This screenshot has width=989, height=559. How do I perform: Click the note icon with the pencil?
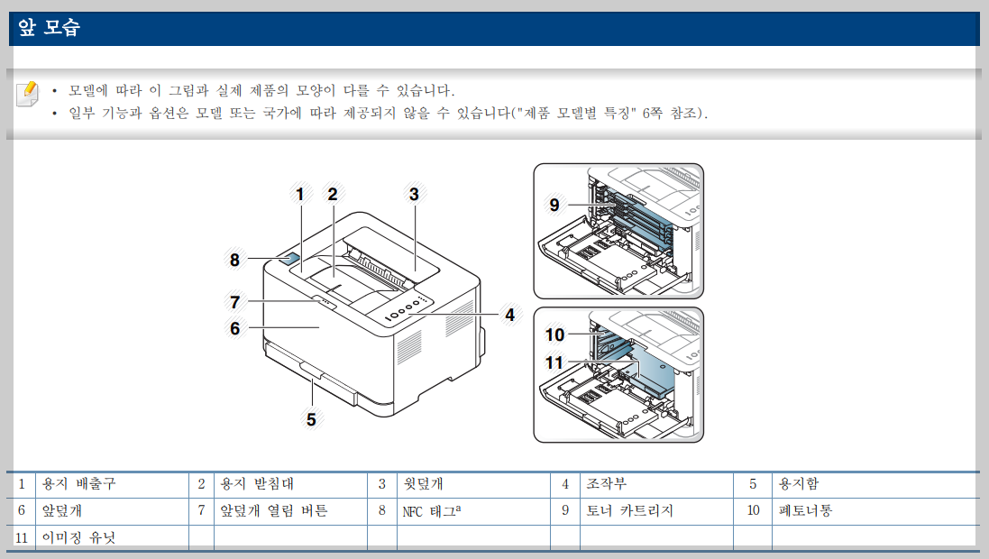[x=28, y=93]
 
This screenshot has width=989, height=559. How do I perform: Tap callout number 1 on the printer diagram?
[x=299, y=193]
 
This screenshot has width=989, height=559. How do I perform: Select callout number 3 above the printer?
[x=413, y=193]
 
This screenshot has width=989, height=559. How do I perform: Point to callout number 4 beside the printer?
[x=509, y=315]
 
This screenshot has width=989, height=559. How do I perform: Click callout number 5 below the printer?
[x=311, y=418]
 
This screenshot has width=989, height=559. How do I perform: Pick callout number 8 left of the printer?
[x=234, y=260]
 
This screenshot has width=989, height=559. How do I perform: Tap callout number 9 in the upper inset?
[x=554, y=205]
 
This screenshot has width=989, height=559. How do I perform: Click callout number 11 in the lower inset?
[x=554, y=363]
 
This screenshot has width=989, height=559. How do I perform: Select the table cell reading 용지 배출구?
[x=79, y=484]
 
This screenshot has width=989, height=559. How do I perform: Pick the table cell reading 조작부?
[x=606, y=484]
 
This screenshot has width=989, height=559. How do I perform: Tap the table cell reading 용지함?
[x=799, y=484]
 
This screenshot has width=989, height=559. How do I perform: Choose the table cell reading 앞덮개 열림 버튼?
[x=274, y=511]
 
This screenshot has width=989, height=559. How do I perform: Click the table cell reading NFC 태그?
[x=432, y=511]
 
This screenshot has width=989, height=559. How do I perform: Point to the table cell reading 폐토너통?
[x=805, y=511]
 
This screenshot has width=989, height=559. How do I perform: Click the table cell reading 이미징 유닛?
[x=79, y=537]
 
